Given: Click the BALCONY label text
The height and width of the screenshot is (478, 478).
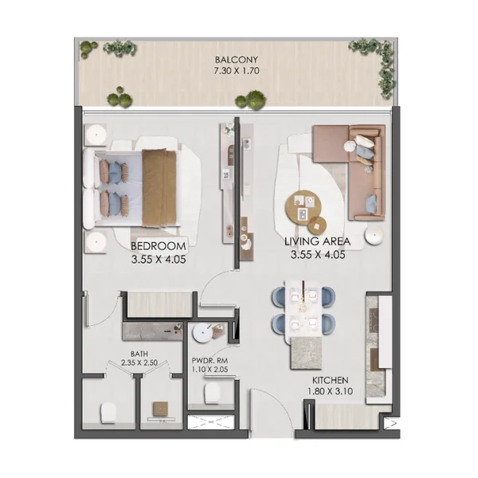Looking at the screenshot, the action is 237,60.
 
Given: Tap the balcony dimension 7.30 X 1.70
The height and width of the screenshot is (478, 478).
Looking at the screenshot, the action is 237,71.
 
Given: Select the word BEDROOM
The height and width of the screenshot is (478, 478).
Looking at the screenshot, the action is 159,246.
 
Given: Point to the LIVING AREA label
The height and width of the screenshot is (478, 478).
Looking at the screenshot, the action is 317,241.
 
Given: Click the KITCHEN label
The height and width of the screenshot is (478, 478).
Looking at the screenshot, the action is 330,380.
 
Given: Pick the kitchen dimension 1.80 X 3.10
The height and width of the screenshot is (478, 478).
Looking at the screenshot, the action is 330,391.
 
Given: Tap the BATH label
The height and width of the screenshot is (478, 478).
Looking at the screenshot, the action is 139,354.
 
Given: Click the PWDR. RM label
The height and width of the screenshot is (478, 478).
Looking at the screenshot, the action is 210,361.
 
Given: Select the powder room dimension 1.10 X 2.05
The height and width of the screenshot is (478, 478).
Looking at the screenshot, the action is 210,370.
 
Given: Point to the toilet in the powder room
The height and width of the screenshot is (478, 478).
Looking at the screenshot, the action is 213,393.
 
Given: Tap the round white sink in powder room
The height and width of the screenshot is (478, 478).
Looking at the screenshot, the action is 202,332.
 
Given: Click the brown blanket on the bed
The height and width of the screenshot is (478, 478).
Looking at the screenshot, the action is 159,188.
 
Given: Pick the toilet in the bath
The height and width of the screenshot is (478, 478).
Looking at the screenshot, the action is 108,413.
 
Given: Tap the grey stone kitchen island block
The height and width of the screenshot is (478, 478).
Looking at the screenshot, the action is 307,353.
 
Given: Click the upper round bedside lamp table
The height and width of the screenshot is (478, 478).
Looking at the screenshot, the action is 96,134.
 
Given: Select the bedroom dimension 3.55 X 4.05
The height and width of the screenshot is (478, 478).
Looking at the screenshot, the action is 159,260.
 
